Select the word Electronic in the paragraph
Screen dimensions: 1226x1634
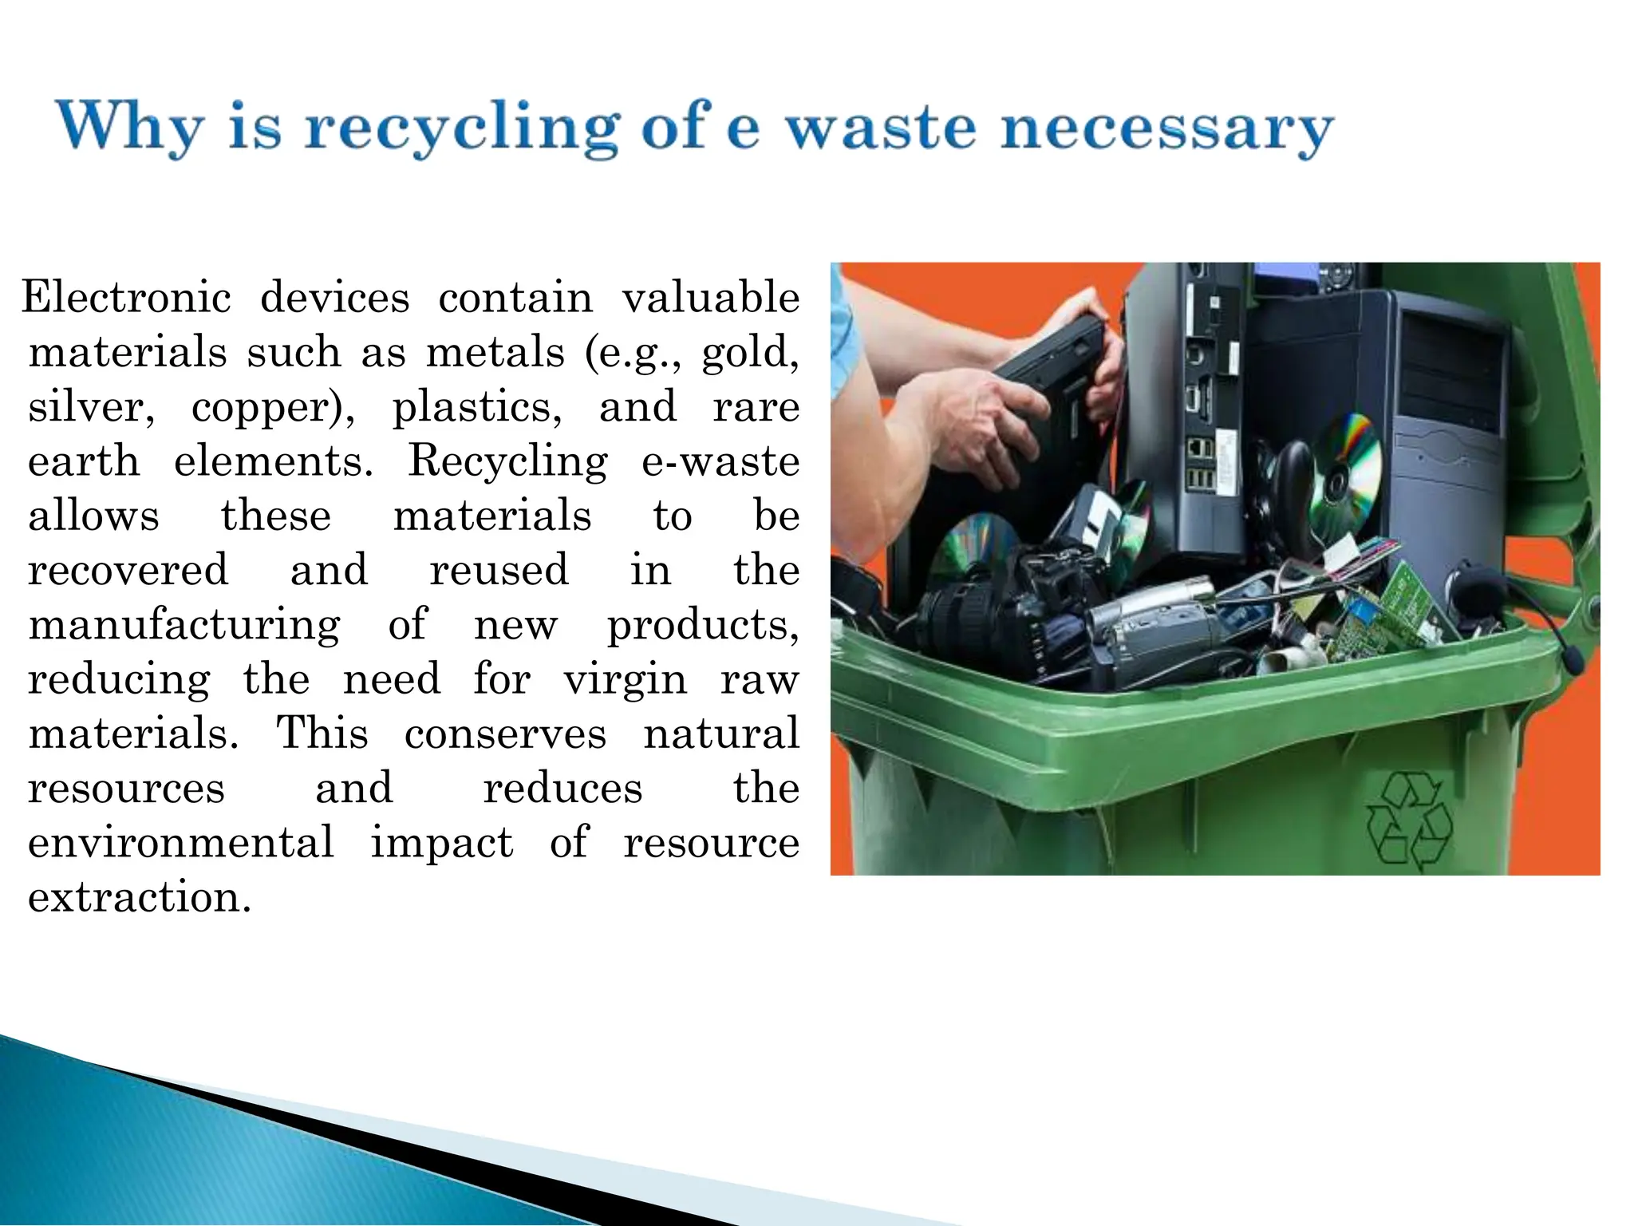click(x=126, y=298)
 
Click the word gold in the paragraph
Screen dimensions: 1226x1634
click(x=749, y=353)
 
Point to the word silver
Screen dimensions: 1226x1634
click(x=89, y=407)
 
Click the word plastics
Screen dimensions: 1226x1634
click(x=476, y=408)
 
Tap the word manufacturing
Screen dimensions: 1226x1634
click(x=184, y=625)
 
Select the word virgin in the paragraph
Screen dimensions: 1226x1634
click(x=625, y=680)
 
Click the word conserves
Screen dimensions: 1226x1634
click(x=505, y=734)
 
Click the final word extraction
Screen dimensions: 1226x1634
click(x=140, y=897)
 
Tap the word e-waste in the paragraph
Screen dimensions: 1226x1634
click(x=720, y=461)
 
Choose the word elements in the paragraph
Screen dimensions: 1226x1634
click(x=273, y=461)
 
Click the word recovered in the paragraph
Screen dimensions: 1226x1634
click(x=128, y=570)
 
